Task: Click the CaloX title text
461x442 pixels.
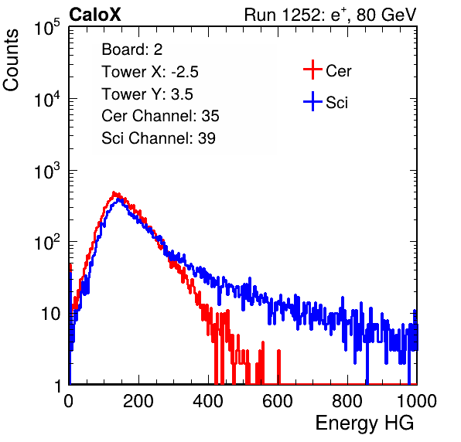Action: pyautogui.click(x=94, y=15)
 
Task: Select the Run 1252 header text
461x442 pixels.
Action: pyautogui.click(x=330, y=15)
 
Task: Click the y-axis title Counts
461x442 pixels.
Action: pyautogui.click(x=11, y=60)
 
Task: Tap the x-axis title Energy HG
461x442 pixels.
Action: pyautogui.click(x=364, y=423)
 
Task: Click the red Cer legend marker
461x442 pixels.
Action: pyautogui.click(x=312, y=70)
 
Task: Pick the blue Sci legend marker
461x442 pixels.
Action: pyautogui.click(x=312, y=102)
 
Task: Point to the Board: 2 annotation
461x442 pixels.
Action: pyautogui.click(x=131, y=49)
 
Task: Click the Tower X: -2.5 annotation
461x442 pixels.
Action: pyautogui.click(x=150, y=72)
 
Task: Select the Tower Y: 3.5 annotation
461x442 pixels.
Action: pyautogui.click(x=147, y=94)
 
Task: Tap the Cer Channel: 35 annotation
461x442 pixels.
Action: pyautogui.click(x=160, y=116)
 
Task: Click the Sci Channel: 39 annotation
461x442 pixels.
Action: pyautogui.click(x=159, y=138)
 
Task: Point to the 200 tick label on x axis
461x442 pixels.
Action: pyautogui.click(x=138, y=401)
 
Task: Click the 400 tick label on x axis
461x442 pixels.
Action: pyautogui.click(x=208, y=401)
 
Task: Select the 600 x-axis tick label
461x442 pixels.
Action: pyautogui.click(x=278, y=401)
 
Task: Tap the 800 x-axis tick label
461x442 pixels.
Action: pyautogui.click(x=347, y=401)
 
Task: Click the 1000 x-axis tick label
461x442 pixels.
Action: pyautogui.click(x=417, y=401)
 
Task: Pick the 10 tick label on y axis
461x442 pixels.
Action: pyautogui.click(x=50, y=314)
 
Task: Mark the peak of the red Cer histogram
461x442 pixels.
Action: pyautogui.click(x=114, y=192)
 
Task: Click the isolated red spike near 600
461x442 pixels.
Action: pyautogui.click(x=278, y=367)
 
